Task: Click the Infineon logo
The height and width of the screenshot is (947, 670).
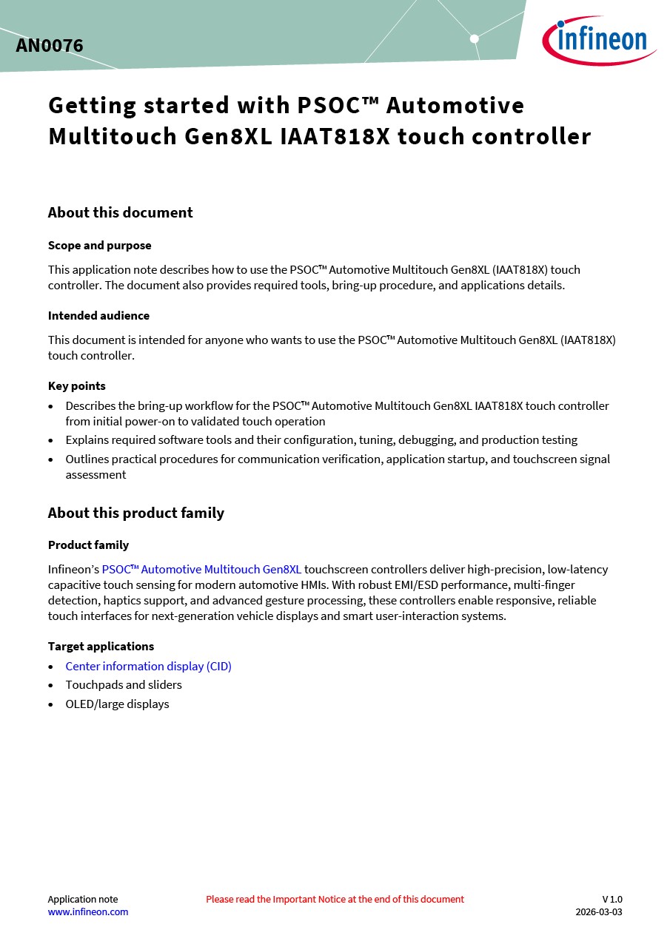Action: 600,40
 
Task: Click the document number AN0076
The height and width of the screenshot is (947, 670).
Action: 50,46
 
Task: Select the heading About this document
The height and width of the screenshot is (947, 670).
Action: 120,212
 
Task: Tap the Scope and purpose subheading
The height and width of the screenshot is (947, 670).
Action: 99,246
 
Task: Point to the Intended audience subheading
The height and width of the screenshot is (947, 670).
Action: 98,316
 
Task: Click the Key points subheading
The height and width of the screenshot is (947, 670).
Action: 77,386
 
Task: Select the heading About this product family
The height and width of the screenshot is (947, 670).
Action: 135,513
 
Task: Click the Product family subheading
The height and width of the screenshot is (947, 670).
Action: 88,545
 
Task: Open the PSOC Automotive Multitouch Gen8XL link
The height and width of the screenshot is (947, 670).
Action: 201,570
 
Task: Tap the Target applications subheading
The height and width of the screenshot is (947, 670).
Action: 101,647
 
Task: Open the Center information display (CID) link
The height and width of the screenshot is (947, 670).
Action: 148,667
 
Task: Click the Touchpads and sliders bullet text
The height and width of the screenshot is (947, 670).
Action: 124,685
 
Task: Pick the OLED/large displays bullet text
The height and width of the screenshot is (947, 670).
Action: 117,704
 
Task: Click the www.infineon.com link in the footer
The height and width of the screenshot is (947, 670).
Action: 88,912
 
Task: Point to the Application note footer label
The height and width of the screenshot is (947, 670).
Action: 83,900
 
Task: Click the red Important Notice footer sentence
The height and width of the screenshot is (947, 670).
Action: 335,900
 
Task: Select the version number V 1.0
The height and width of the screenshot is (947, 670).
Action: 612,900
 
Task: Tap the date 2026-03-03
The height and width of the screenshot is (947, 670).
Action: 599,912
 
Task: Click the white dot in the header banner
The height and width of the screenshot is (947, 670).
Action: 475,38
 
